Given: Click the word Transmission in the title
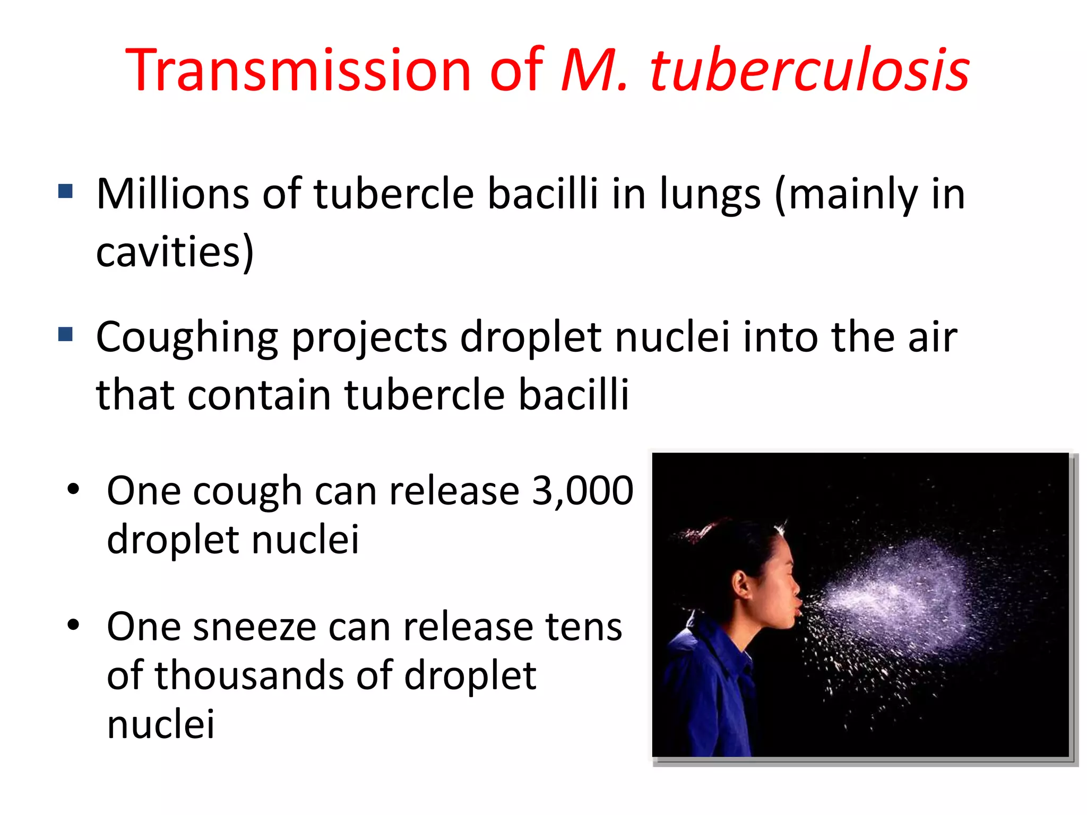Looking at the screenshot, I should pyautogui.click(x=297, y=71).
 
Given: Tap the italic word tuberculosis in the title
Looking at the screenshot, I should pyautogui.click(x=809, y=71).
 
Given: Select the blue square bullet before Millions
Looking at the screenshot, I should pyautogui.click(x=65, y=191).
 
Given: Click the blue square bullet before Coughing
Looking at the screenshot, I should pyautogui.click(x=65, y=334).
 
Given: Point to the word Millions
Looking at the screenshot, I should pyautogui.click(x=172, y=194).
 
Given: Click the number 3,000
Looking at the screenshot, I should pyautogui.click(x=582, y=491).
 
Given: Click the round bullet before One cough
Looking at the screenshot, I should pyautogui.click(x=73, y=489).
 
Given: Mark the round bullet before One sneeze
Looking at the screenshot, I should pyautogui.click(x=73, y=625).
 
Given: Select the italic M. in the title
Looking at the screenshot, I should pyautogui.click(x=594, y=71).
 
